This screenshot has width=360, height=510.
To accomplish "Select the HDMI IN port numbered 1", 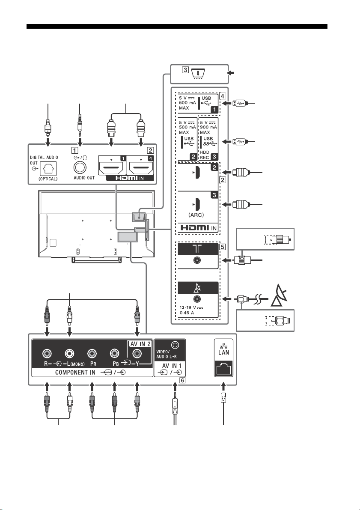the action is (x=111, y=168).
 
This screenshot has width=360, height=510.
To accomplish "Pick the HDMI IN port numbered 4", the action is (x=141, y=168).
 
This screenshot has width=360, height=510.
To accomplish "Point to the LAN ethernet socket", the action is (x=224, y=369).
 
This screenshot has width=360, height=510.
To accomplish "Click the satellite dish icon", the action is (x=280, y=295).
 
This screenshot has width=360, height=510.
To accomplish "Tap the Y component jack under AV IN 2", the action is (x=137, y=354).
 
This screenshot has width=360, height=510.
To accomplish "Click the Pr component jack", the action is (x=92, y=354).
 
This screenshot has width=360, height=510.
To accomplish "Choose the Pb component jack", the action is (x=114, y=354).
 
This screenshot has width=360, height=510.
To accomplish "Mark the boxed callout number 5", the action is (x=223, y=247).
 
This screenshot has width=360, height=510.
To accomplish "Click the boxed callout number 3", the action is (x=185, y=69).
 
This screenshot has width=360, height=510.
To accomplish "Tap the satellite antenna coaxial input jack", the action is (x=197, y=300).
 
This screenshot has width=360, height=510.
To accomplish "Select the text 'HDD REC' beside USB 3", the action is (x=205, y=155).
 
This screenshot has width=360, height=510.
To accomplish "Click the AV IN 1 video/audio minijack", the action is (x=175, y=344).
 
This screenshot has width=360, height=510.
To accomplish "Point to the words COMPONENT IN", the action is (x=75, y=373).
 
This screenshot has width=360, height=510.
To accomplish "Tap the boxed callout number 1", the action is (x=75, y=151).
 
